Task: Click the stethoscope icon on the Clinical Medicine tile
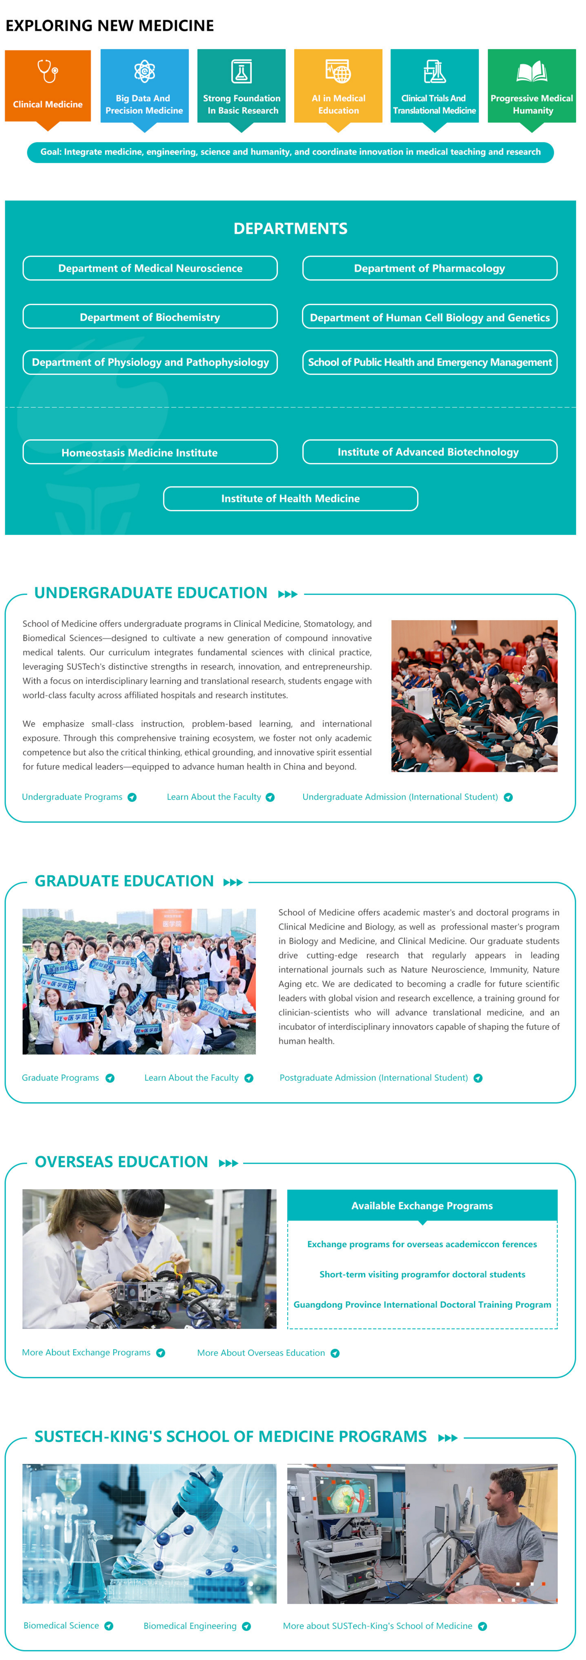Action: point(48,71)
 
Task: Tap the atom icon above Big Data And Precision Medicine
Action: point(145,71)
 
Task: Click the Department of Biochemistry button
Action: point(150,317)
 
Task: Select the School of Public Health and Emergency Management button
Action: point(429,362)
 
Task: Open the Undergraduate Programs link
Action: point(72,797)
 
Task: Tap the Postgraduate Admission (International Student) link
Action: point(374,1077)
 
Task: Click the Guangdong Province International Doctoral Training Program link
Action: point(422,1304)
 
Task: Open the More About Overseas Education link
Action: point(261,1353)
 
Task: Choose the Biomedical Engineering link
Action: point(190,1626)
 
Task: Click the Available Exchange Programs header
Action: point(422,1206)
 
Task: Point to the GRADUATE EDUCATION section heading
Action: point(124,881)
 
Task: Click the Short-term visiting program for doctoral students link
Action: point(422,1274)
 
